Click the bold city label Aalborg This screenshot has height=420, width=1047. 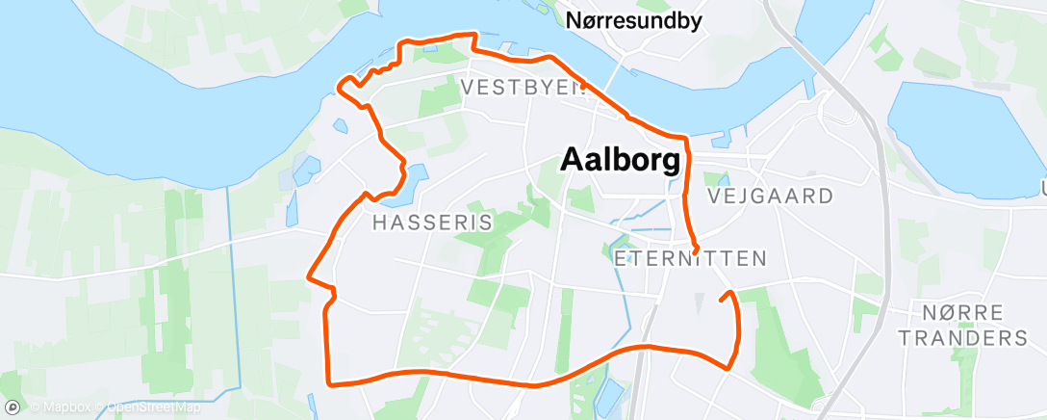point(626,159)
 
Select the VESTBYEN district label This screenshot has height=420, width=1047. point(523,87)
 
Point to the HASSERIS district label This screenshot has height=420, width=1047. point(432,223)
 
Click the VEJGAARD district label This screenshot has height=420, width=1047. point(770,196)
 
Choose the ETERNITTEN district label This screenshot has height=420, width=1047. point(689,258)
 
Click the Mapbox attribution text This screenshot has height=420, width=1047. point(63,407)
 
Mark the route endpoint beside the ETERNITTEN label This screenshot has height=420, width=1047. point(696,251)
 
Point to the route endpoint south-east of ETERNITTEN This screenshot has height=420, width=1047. point(721,301)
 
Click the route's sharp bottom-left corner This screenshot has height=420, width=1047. point(330,382)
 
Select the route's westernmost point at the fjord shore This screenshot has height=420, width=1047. point(337,87)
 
